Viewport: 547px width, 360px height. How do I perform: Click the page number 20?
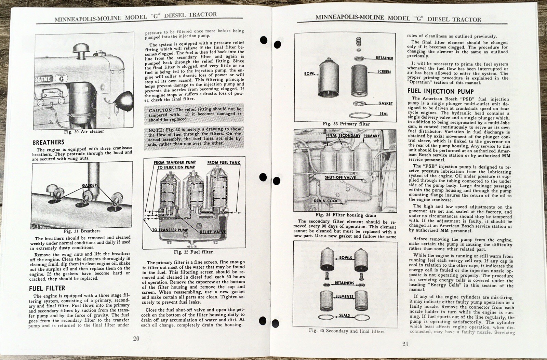coord(136,339)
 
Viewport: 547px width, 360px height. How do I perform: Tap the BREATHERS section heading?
coord(48,142)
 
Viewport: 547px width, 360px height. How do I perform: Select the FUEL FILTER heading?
coord(47,288)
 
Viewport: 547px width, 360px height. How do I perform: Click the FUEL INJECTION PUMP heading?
coord(440,91)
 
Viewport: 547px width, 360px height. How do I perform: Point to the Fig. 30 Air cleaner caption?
coord(84,131)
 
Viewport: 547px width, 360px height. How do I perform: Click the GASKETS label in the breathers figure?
coord(90,186)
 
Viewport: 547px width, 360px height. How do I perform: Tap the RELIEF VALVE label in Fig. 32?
coord(213,232)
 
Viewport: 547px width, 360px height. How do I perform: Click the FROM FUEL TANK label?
coord(223,162)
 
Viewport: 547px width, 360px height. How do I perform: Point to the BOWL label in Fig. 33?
coord(309,74)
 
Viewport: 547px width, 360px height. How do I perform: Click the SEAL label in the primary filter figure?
coord(384,114)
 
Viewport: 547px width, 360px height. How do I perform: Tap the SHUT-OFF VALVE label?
coord(340,177)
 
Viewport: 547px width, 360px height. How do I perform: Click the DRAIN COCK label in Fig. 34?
coord(325,201)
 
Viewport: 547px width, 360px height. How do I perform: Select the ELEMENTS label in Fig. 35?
coord(344,296)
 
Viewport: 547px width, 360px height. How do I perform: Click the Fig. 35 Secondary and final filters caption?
coord(346,331)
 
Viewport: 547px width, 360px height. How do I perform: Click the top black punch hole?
coord(264,40)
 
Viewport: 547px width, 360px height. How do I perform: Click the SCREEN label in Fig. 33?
coord(384,71)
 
